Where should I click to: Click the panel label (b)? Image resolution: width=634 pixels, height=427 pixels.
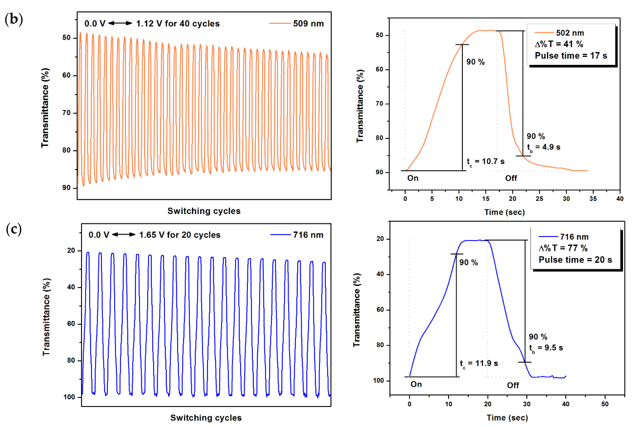(x=14, y=20)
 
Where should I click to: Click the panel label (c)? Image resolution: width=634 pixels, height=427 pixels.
(x=14, y=229)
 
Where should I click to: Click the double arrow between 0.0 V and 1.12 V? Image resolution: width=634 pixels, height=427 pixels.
(x=120, y=23)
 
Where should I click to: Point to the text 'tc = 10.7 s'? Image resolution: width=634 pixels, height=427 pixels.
(x=486, y=162)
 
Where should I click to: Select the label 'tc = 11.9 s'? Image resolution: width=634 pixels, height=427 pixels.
(x=479, y=363)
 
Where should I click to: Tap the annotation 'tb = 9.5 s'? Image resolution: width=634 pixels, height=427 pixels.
(x=546, y=348)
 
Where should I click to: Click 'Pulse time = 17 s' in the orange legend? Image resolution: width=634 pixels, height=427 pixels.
(x=571, y=56)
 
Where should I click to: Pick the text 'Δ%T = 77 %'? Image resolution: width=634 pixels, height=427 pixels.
(x=563, y=248)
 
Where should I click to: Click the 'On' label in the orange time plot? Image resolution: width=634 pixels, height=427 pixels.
(x=413, y=178)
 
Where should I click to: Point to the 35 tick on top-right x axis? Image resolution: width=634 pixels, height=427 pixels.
(x=593, y=199)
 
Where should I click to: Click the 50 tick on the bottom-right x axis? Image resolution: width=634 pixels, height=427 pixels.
(x=605, y=404)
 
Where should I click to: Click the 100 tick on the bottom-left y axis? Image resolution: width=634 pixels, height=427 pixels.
(x=69, y=397)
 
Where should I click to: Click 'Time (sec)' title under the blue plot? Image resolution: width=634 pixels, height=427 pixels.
(x=507, y=418)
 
